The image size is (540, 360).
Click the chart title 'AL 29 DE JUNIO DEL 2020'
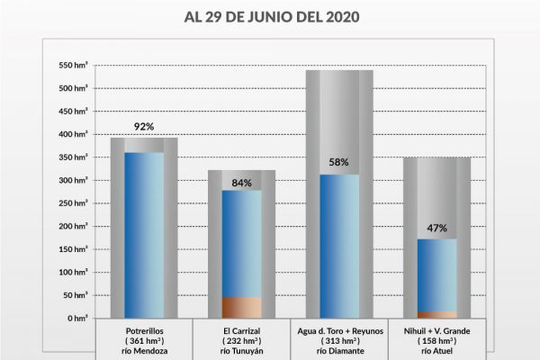coord(270,16)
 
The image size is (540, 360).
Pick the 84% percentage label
coord(241,183)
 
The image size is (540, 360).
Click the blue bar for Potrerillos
coord(144,234)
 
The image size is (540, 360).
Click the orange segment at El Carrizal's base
coord(241,308)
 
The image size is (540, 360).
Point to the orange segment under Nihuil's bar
coord(436,315)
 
